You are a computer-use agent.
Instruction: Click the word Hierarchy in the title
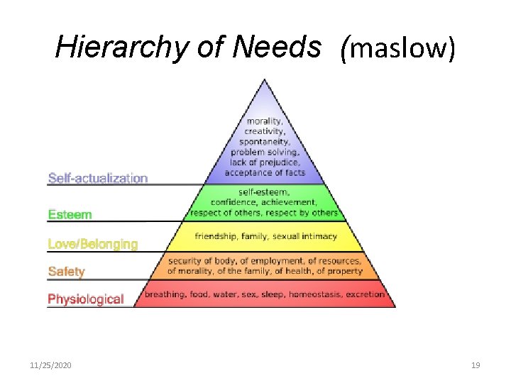[108, 48]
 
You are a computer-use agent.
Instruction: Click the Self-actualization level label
[98, 178]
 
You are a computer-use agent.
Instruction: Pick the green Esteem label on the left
[70, 213]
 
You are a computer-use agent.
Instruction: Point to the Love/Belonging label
[93, 244]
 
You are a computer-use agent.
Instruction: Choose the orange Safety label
[66, 271]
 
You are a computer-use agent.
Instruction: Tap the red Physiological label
[85, 299]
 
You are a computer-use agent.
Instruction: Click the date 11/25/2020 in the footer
[50, 365]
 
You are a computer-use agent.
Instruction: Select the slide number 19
[476, 365]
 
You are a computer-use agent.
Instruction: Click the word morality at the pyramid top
[263, 121]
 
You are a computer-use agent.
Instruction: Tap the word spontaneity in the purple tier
[264, 141]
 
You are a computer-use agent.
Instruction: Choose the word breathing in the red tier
[164, 294]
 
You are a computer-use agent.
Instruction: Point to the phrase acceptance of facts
[265, 172]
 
